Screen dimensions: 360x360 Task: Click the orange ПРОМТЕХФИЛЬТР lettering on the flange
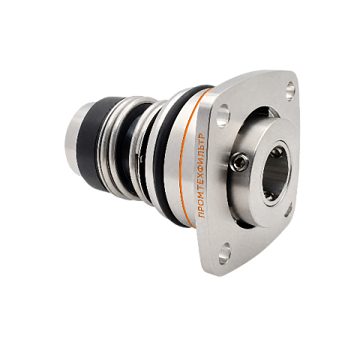pyautogui.click(x=202, y=176)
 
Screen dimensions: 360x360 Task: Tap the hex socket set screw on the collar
pyautogui.click(x=238, y=162)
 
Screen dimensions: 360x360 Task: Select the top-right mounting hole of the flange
pyautogui.click(x=290, y=91)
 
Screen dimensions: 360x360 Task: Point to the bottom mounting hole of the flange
pyautogui.click(x=224, y=253)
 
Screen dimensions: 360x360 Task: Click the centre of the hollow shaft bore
pyautogui.click(x=276, y=173)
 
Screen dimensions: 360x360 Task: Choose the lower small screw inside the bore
pyautogui.click(x=268, y=196)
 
